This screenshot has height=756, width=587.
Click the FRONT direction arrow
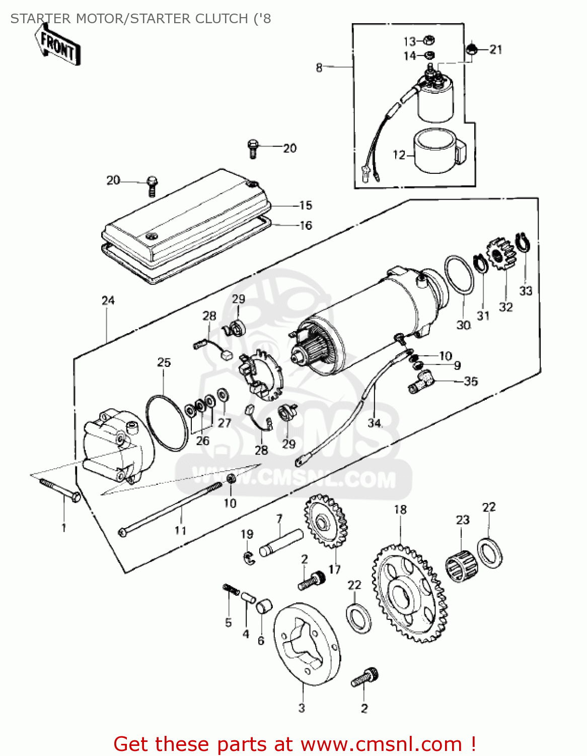click(x=57, y=46)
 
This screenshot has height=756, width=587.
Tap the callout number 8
click(x=319, y=67)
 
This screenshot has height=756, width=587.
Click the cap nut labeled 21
click(x=472, y=49)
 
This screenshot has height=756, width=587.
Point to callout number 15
click(x=306, y=205)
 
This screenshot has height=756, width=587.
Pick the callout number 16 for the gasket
click(x=306, y=225)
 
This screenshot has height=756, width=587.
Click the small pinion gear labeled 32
click(x=500, y=255)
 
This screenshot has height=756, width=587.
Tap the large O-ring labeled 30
click(x=459, y=275)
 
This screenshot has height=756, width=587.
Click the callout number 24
click(x=108, y=301)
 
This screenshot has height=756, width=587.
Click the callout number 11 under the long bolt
click(x=180, y=530)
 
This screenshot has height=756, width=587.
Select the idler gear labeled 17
click(x=326, y=522)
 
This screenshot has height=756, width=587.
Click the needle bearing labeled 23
click(x=461, y=563)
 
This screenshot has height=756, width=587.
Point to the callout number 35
click(x=471, y=381)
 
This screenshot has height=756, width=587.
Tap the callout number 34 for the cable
click(x=375, y=423)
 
